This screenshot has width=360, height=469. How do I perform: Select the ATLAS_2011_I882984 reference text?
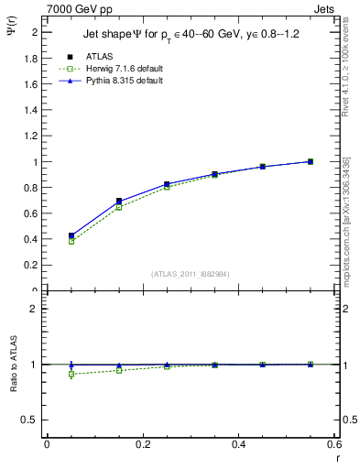pyautogui.click(x=191, y=274)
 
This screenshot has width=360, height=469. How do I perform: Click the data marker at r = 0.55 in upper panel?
pyautogui.click(x=311, y=161)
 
